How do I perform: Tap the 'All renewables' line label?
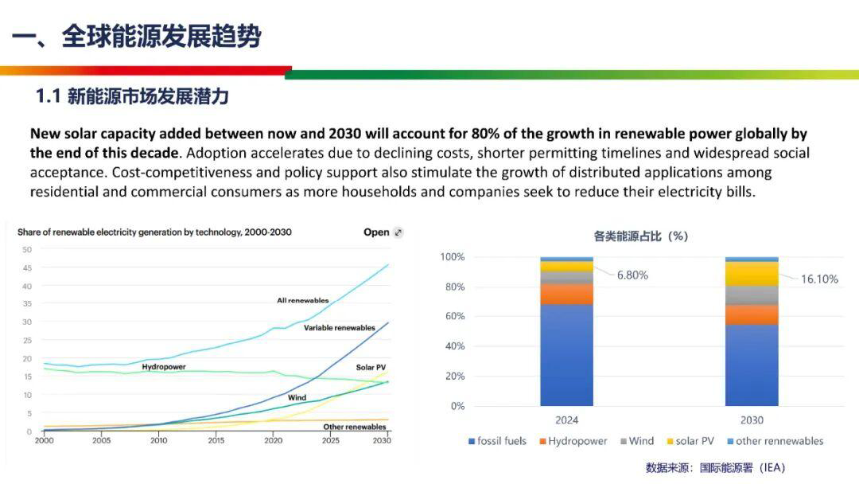[302, 300]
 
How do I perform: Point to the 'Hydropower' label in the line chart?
[164, 367]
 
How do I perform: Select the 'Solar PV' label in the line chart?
[371, 367]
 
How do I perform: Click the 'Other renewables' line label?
[354, 427]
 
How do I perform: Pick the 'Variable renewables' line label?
[339, 328]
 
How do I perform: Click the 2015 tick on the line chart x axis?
[216, 440]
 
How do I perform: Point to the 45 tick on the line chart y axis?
[27, 267]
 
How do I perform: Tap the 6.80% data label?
[632, 275]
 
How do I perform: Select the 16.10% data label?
[819, 279]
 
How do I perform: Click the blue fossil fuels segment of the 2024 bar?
[566, 354]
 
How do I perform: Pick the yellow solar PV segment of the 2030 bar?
[752, 274]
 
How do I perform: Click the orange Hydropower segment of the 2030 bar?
[752, 314]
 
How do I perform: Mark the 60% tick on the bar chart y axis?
[453, 317]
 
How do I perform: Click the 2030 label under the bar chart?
[752, 420]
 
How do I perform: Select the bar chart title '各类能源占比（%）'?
[640, 236]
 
